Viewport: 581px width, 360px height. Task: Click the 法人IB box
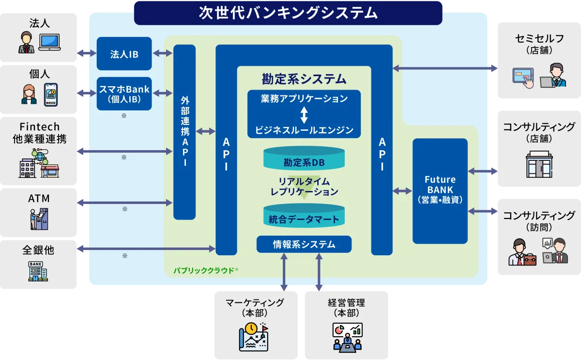coord(124,54)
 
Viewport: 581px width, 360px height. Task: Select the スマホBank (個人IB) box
coord(124,94)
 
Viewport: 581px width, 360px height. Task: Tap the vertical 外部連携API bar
coord(184,132)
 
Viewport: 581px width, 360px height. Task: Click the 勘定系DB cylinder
coord(304,162)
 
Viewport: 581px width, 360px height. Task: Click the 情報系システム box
coord(304,244)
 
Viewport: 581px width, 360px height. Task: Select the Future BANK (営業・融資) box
coord(440,190)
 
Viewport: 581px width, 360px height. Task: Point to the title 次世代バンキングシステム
coord(288,13)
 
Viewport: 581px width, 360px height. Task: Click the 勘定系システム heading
coord(304,78)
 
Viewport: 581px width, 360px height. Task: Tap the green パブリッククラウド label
coord(204,270)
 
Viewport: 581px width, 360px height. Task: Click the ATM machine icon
coord(39,219)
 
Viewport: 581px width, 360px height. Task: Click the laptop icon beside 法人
coord(49,42)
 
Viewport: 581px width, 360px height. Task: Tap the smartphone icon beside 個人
coord(50,94)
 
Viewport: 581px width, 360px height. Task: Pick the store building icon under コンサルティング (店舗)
coord(538,164)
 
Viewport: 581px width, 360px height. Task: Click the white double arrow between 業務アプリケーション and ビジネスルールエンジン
coord(304,115)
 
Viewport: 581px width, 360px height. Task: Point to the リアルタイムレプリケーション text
coord(304,187)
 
